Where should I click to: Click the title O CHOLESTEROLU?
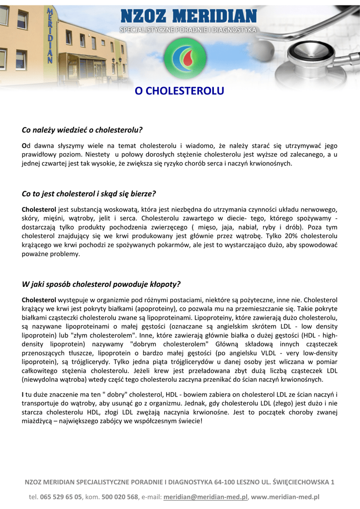(180, 91)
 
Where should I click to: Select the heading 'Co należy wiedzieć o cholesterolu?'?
(82, 130)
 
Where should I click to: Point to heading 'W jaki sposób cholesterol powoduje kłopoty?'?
(101, 284)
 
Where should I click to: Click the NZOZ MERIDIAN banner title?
(188, 17)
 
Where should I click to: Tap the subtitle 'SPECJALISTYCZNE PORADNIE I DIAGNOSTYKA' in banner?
(188, 30)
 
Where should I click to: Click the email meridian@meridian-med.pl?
(205, 497)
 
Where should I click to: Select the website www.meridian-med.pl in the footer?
(285, 497)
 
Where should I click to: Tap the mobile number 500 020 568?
(120, 497)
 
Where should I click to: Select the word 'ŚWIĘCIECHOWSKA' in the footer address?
(301, 482)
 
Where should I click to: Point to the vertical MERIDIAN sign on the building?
(50, 35)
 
